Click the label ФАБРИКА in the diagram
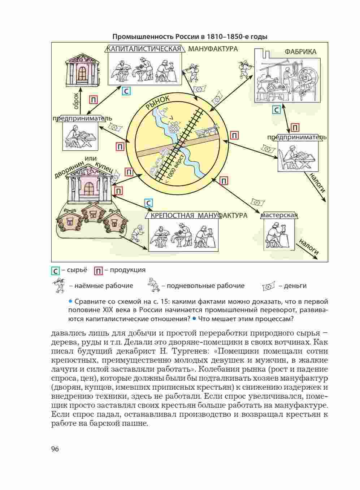[x=300, y=52]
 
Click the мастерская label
[x=279, y=215]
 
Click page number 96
[x=55, y=449]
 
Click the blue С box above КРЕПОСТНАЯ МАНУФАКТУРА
[x=148, y=203]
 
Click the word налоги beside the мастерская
[x=308, y=248]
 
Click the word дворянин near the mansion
[x=69, y=169]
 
